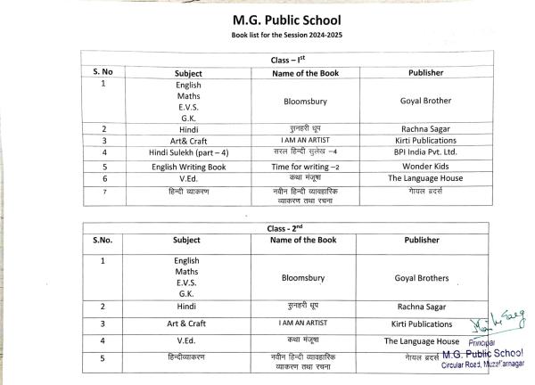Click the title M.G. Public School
[267, 19]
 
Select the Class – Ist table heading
[267, 60]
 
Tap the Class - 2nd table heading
[267, 228]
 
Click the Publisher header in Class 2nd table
[422, 240]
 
